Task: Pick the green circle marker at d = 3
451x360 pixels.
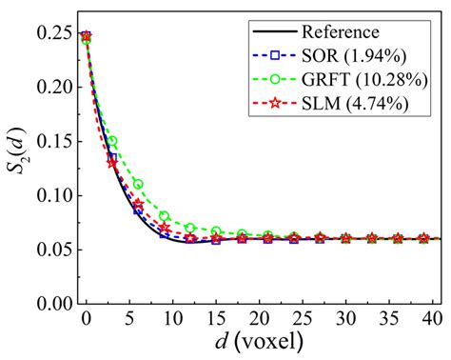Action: click(x=112, y=141)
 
